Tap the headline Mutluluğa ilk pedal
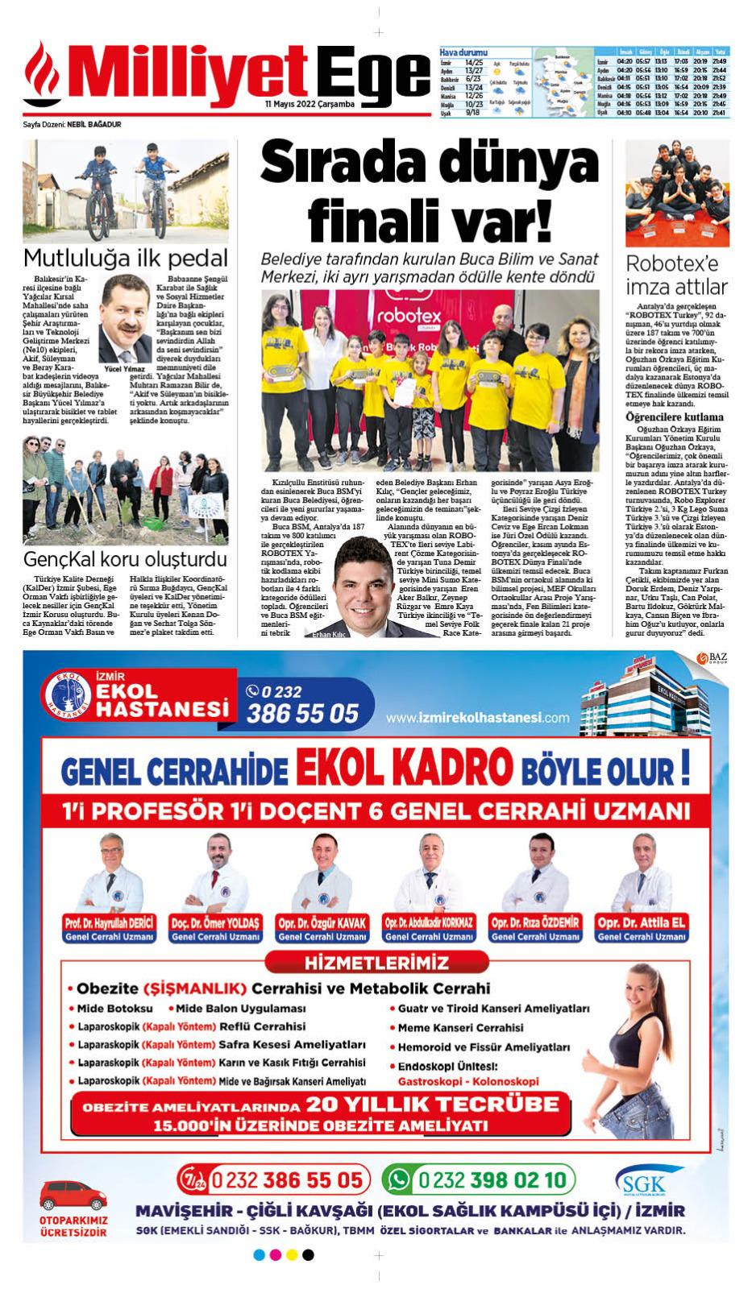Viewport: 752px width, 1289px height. click(x=125, y=258)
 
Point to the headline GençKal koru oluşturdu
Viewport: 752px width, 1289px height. click(x=125, y=559)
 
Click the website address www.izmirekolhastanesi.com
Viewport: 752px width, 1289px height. click(x=477, y=718)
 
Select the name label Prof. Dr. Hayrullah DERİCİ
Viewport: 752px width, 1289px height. click(x=108, y=922)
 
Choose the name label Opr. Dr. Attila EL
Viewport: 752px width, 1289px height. click(x=641, y=922)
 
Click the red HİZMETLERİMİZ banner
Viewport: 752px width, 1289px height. click(x=376, y=963)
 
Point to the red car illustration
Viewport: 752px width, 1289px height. click(x=73, y=1193)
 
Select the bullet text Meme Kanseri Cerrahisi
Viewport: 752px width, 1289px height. click(x=459, y=1028)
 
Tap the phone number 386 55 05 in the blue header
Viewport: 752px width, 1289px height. click(x=302, y=712)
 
